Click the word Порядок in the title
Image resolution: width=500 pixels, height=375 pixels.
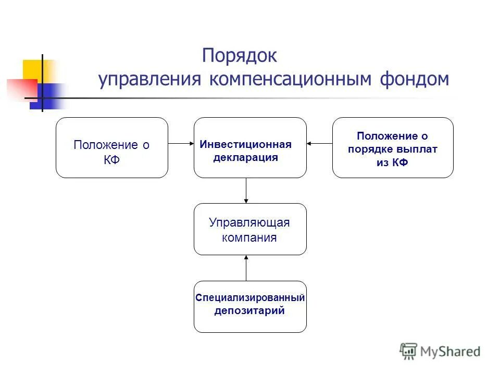coord(240,55)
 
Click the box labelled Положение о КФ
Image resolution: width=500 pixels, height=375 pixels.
coord(112,148)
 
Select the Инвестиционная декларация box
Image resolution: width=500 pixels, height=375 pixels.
coord(250,148)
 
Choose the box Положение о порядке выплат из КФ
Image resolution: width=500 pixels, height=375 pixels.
coord(393,148)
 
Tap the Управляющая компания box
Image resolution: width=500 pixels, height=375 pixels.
coord(250,229)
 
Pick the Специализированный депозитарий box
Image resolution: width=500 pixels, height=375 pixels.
coord(250,307)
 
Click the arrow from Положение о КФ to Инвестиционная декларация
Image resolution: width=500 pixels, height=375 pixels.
coord(181,143)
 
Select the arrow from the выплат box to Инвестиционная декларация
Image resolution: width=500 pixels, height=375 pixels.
coord(319,143)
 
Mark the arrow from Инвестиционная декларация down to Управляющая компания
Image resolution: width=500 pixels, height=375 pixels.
coord(246,191)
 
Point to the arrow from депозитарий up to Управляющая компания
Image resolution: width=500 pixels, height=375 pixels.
coord(246,268)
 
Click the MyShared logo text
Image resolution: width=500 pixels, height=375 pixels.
coord(451,351)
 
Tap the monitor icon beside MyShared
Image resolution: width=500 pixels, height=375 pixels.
coord(409,352)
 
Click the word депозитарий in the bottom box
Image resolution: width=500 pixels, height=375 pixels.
coord(249,311)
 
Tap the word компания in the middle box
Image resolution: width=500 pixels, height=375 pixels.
coord(249,238)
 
